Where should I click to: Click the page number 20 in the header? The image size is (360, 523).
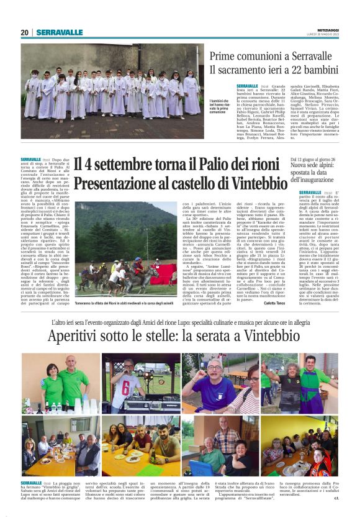point(25,33)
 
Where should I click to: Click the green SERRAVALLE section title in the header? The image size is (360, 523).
point(59,33)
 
